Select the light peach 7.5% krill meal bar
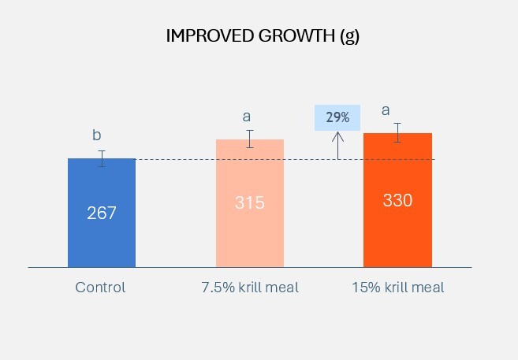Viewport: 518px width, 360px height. point(250,236)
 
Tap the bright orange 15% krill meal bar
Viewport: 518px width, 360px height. point(397,236)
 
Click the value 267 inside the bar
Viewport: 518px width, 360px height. point(102,213)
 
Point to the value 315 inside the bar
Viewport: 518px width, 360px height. point(250,202)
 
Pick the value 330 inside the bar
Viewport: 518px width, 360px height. point(397,200)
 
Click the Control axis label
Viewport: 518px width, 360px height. point(100,288)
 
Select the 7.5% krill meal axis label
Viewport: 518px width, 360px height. point(250,288)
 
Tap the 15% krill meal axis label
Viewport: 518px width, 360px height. point(397,288)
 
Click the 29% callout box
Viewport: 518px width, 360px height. point(337,117)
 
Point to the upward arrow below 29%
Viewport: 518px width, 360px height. point(338,145)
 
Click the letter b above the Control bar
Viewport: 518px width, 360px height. point(98,135)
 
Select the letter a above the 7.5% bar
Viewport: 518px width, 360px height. point(246,117)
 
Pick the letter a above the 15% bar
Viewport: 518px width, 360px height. point(386,110)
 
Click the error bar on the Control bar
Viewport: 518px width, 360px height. point(102,158)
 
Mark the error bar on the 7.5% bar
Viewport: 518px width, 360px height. point(250,139)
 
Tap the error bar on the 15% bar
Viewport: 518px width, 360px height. point(398,133)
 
